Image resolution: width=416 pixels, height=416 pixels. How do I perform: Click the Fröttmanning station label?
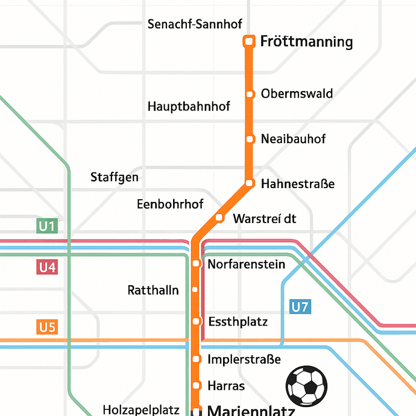pos(306,42)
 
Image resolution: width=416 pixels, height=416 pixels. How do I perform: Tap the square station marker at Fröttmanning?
pos(249,41)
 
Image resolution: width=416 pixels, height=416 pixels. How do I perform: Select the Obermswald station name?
pos(297,93)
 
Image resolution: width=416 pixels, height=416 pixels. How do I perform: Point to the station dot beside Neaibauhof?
pos(250,139)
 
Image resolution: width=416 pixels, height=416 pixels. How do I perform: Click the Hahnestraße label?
pos(298,184)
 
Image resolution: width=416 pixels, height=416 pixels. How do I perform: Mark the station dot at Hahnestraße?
pos(250,183)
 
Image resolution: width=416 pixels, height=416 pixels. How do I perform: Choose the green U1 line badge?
pos(47,226)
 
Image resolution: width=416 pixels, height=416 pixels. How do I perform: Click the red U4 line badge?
pos(47,267)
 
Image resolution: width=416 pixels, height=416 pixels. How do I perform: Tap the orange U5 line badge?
pos(47,327)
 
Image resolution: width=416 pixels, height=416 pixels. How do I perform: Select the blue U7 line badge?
pos(300,306)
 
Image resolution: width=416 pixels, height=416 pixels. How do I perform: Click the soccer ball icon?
pos(306,385)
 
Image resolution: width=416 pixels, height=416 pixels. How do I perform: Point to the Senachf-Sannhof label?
pos(195,24)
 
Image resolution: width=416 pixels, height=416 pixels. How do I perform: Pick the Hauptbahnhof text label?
pos(189,106)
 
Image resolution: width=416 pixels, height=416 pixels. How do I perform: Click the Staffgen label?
pos(114,178)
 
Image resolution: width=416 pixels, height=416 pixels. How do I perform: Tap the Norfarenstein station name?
pos(246,264)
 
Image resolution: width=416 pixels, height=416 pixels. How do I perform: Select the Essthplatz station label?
pos(238,322)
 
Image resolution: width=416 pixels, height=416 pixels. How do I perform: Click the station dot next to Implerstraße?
pos(195,359)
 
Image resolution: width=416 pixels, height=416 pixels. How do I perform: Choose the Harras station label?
pos(226,385)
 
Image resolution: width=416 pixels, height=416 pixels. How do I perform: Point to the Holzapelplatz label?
pos(141,410)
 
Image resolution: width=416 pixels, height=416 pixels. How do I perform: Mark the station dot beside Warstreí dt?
pos(219,217)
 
